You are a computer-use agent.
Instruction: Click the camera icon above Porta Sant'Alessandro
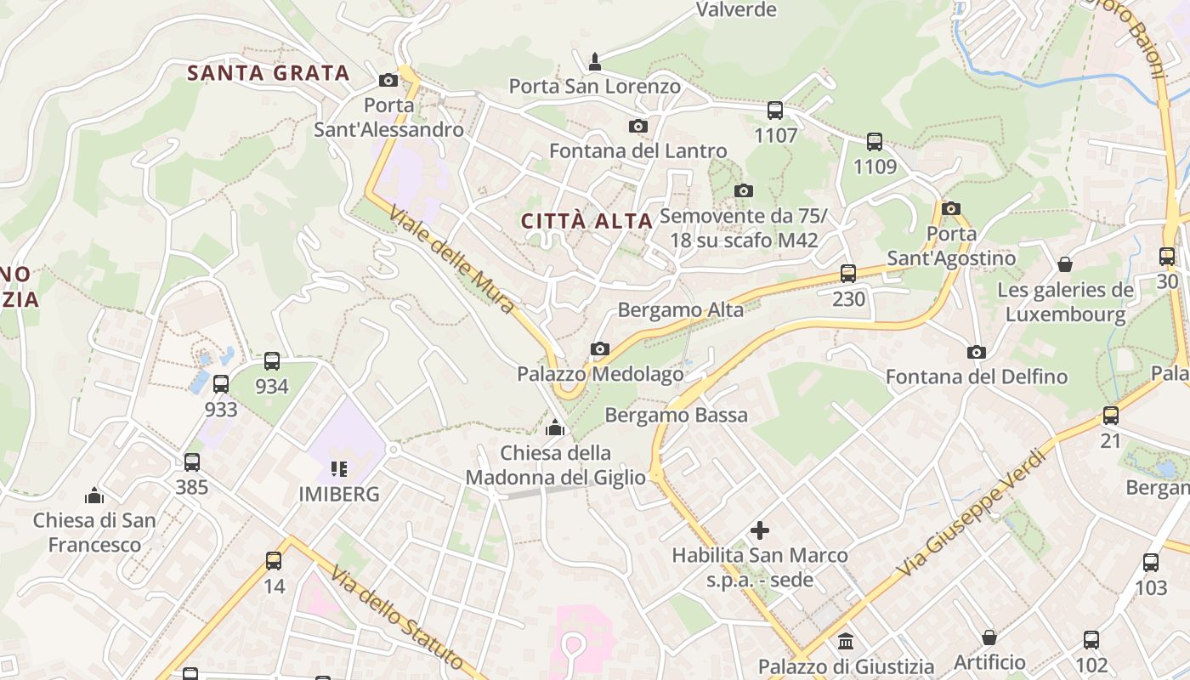[388, 80]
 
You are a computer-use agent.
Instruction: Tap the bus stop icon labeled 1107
[775, 110]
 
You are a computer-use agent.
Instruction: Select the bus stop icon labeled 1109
[875, 142]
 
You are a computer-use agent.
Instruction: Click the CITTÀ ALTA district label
[586, 222]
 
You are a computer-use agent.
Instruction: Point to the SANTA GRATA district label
[269, 73]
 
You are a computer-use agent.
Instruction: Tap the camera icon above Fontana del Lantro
[637, 127]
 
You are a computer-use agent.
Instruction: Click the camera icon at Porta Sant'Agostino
[951, 208]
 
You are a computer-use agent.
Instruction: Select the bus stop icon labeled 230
[847, 274]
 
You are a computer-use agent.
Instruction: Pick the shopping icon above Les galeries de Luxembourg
[1064, 264]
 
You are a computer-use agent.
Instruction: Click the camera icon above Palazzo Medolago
[600, 348]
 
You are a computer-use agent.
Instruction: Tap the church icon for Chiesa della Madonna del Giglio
[555, 427]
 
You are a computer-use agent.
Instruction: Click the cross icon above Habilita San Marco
[760, 531]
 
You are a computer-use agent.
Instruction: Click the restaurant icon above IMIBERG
[339, 468]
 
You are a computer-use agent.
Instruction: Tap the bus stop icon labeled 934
[272, 361]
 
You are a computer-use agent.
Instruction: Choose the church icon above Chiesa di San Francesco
[94, 495]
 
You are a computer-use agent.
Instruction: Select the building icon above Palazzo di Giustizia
[846, 641]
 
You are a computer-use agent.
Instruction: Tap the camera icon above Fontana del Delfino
[977, 352]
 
